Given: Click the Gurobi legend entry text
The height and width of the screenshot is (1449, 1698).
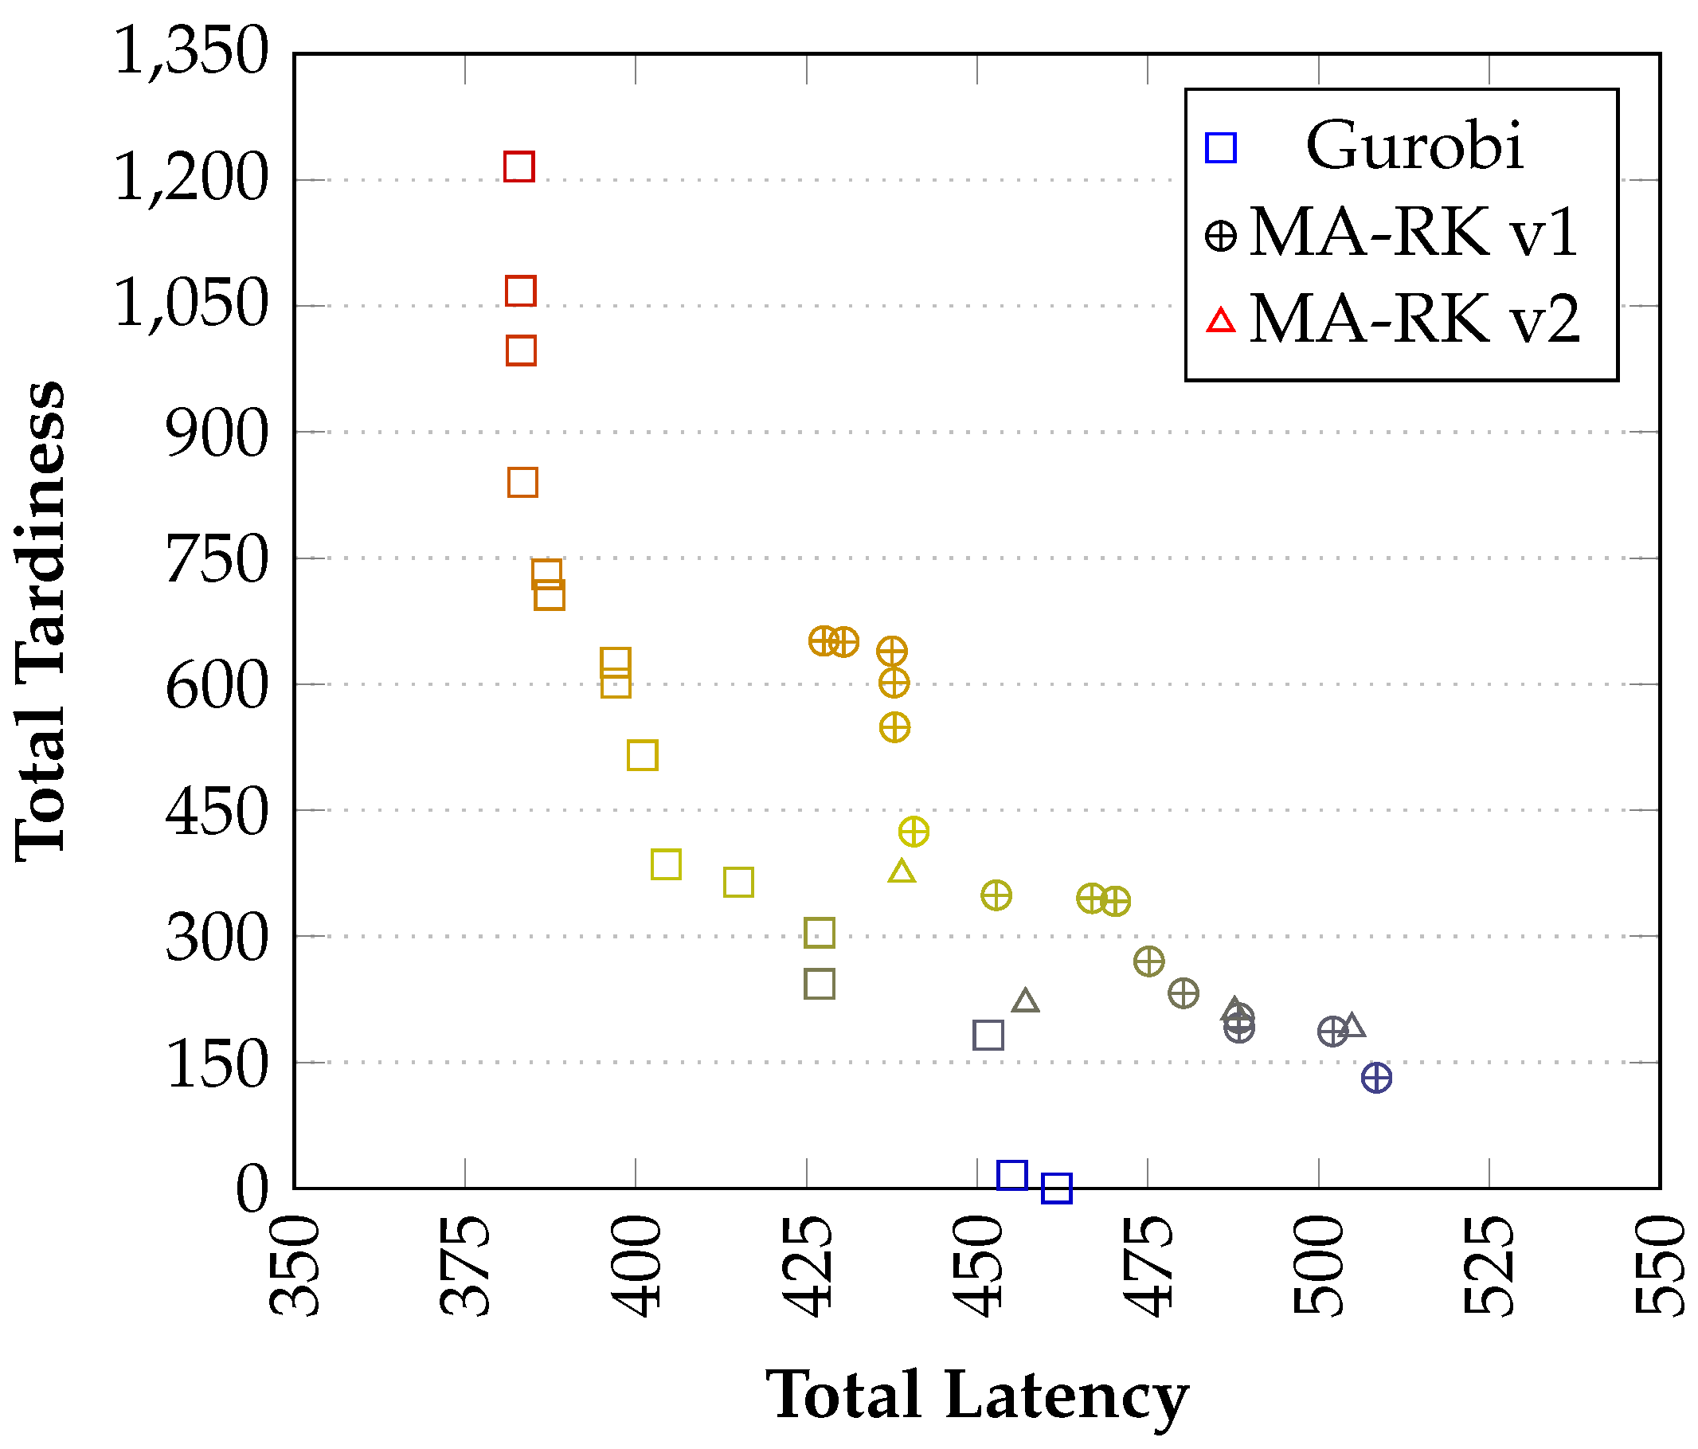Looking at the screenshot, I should tap(1414, 147).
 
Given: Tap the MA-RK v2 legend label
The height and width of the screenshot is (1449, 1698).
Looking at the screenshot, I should tap(1414, 319).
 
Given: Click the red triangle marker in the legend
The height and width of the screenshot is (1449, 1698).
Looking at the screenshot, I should tap(1221, 320).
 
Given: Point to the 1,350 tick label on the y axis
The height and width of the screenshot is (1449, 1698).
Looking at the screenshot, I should tap(191, 51).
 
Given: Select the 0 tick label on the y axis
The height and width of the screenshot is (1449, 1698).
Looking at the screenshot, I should tap(252, 1189).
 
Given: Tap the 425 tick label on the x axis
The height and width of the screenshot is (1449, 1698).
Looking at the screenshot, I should tap(808, 1267).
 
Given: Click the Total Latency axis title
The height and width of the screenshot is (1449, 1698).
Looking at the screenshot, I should tap(977, 1394).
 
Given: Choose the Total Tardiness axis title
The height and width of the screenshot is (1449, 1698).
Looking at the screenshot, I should tap(41, 621).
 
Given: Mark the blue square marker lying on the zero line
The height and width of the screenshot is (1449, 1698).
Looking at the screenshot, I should tap(1056, 1188).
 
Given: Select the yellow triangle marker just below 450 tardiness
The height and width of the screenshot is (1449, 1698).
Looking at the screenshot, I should tap(902, 872).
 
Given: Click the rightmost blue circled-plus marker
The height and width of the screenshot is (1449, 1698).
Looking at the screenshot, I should tap(1376, 1078).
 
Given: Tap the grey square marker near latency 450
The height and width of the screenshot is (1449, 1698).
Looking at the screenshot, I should tap(988, 1036).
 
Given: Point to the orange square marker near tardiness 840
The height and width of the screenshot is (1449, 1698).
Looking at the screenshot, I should tap(522, 483).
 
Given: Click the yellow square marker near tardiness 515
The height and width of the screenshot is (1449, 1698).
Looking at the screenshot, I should tap(643, 755).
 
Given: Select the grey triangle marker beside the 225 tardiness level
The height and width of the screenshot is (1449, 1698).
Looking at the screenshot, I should tap(1025, 1001).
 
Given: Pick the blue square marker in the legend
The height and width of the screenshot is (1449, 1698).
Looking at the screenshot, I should tap(1220, 147).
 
